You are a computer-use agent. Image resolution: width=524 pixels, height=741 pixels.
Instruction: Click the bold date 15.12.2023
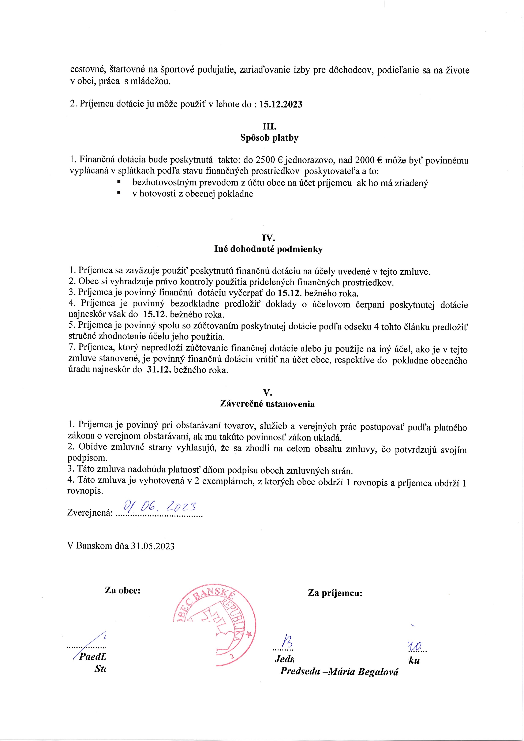(281, 105)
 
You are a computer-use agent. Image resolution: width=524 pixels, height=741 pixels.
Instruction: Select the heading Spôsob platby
(269, 138)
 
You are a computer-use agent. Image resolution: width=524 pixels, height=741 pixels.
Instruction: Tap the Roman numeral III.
(269, 127)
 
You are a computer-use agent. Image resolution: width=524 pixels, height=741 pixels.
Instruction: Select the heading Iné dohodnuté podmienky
(268, 249)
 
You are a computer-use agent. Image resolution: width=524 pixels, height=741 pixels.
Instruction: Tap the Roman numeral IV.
(269, 238)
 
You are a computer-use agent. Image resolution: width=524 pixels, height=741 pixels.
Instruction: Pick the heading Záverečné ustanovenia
(267, 404)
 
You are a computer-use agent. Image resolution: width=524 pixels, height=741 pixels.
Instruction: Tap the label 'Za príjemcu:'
(335, 593)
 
